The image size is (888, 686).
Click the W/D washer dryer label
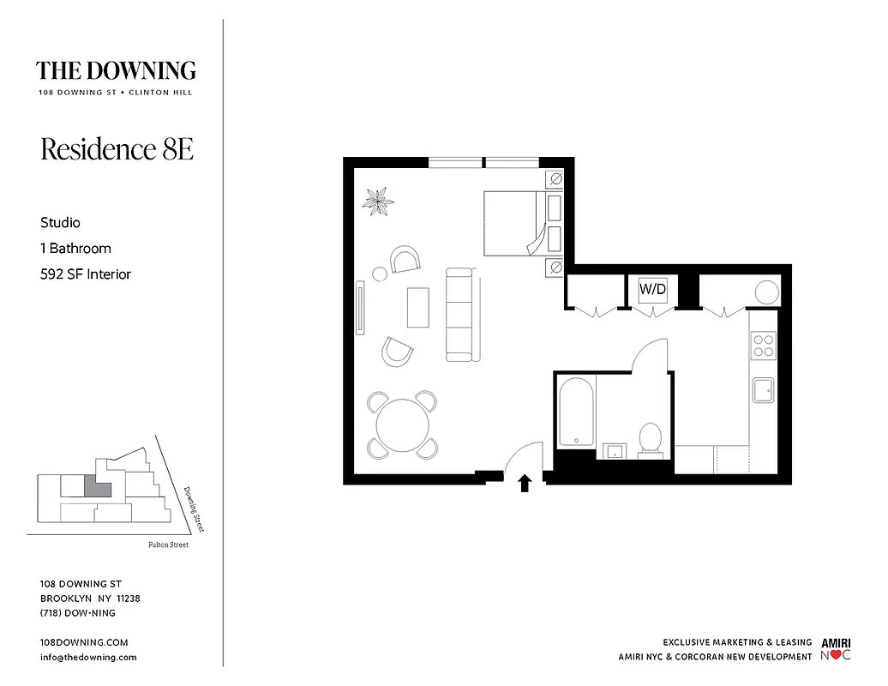point(652,290)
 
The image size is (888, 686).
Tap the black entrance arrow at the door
point(525,484)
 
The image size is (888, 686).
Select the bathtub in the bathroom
point(576,412)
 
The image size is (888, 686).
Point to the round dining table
point(403,424)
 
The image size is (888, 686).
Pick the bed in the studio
point(513,223)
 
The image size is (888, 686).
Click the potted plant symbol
point(377,202)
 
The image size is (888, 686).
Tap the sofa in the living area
point(459,314)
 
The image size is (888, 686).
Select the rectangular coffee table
point(418,307)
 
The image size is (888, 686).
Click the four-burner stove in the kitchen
point(762,345)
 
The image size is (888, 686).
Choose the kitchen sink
point(762,390)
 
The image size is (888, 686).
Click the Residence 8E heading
point(117,149)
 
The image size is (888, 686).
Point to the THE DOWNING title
point(116,70)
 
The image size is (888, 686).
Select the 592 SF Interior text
point(86,274)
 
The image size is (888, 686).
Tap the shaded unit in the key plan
point(97,487)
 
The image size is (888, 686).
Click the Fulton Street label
point(168,545)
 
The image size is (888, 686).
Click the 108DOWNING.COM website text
point(84,642)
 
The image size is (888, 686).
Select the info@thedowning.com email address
point(88,657)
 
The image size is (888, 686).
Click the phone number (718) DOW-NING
point(78,613)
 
